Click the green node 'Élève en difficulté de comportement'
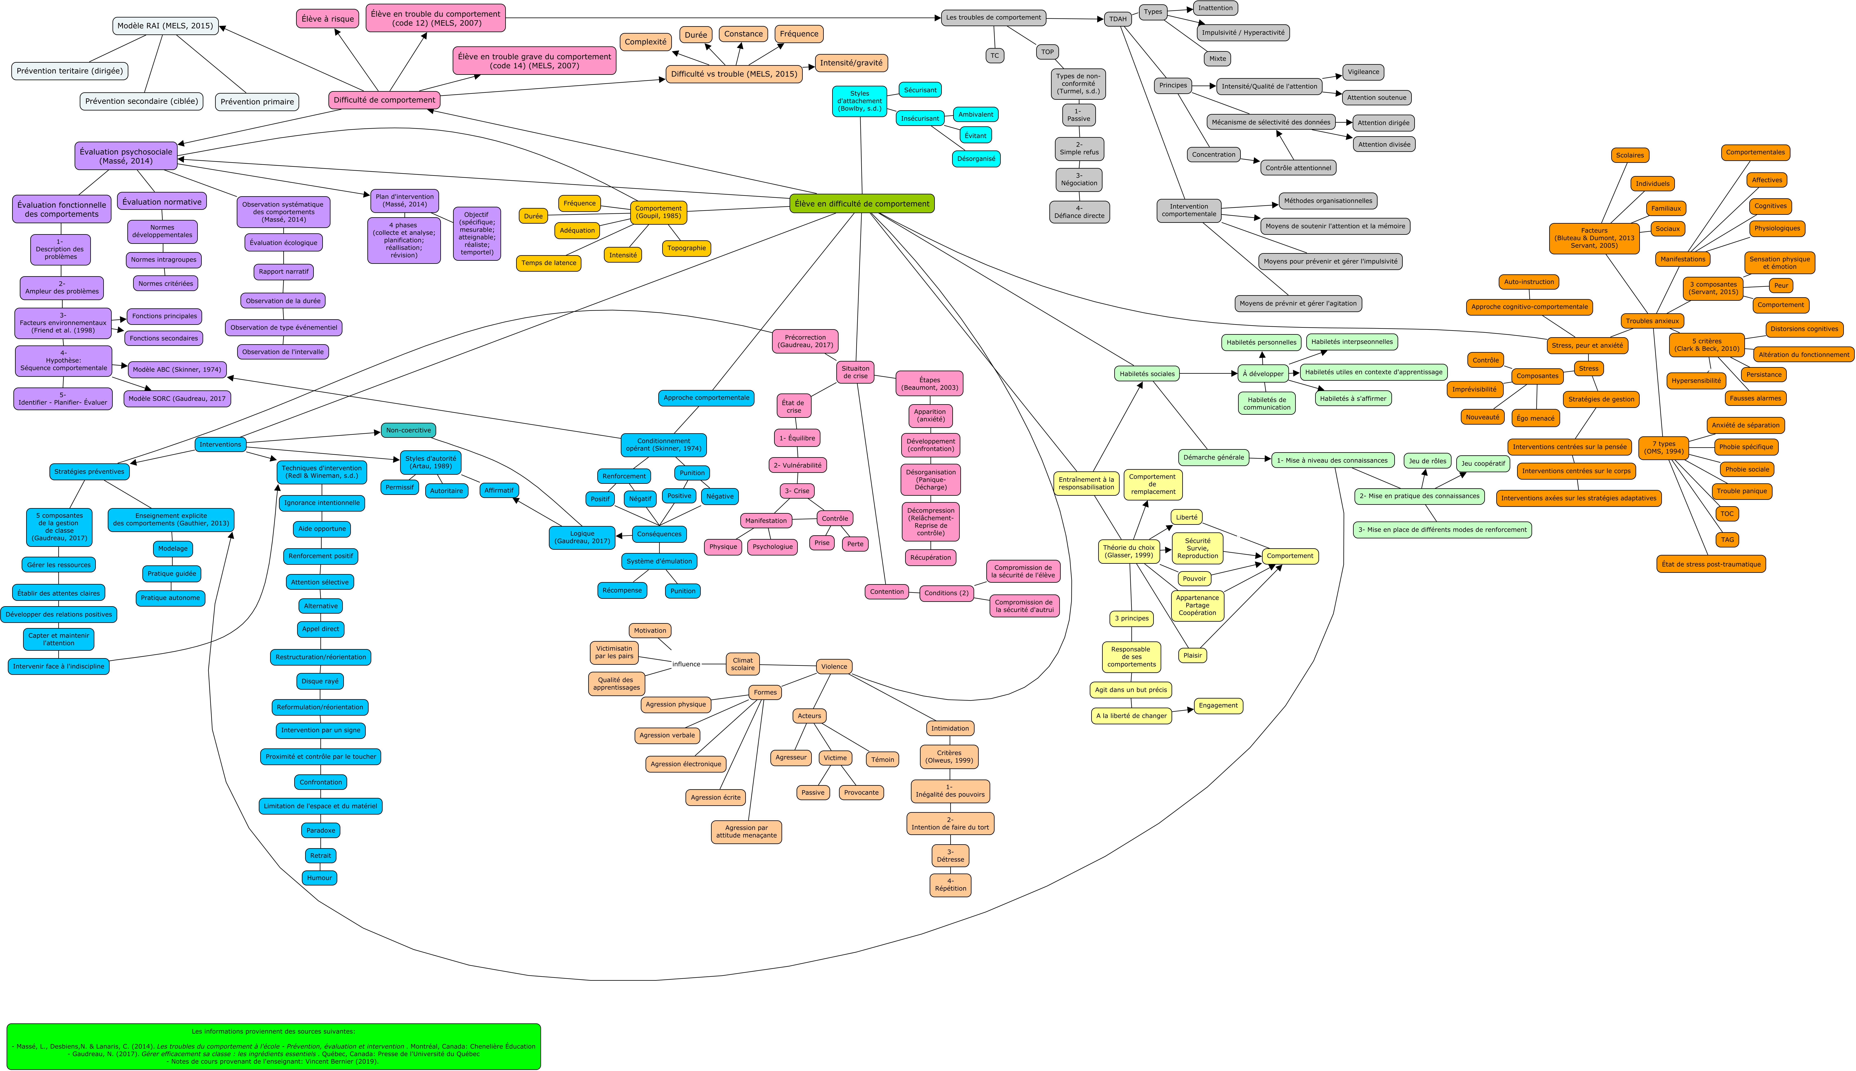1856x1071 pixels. (861, 204)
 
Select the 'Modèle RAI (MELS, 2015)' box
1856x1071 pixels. (165, 26)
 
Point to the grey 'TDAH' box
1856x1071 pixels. (1117, 19)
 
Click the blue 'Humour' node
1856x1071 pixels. (320, 877)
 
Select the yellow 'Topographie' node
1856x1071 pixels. (687, 248)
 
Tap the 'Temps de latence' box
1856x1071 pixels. (548, 263)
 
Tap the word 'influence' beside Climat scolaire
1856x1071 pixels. (686, 664)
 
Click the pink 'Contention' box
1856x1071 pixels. (886, 591)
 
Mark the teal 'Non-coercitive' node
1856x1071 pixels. (408, 430)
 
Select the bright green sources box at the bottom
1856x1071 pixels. (273, 1046)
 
